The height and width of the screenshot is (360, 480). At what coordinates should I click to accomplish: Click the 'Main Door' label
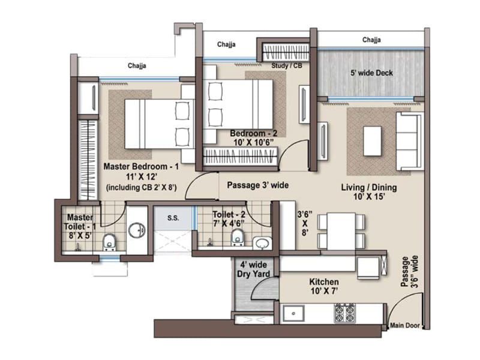pyautogui.click(x=404, y=326)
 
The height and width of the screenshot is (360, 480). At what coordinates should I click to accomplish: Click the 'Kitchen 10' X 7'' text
pyautogui.click(x=324, y=287)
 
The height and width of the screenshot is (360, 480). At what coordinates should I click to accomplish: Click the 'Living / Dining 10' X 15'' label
pyautogui.click(x=368, y=193)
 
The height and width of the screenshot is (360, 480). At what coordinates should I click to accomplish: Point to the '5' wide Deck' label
pyautogui.click(x=371, y=73)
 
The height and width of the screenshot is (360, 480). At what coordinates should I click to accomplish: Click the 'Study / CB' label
pyautogui.click(x=286, y=65)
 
